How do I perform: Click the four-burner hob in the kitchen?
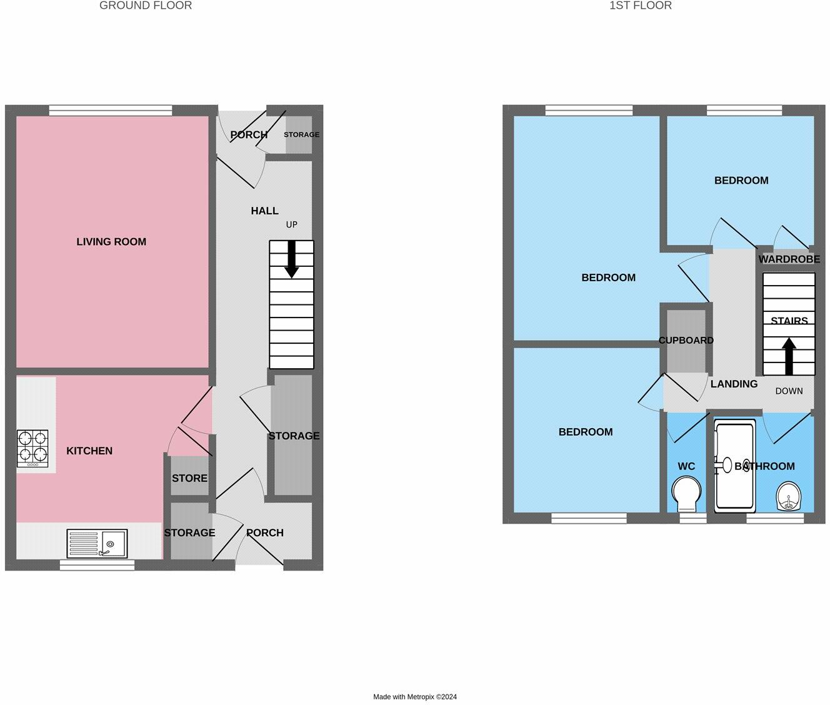[x=32, y=449]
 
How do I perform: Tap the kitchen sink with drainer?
[x=97, y=543]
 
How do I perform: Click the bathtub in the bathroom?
[x=735, y=466]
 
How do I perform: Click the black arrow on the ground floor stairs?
[x=291, y=259]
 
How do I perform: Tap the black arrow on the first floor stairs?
[x=789, y=356]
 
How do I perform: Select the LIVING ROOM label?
[x=111, y=242]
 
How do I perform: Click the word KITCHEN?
[x=89, y=451]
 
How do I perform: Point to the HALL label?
[x=264, y=211]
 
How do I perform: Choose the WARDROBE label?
[x=789, y=259]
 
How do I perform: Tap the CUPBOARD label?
[x=686, y=341]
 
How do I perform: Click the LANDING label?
[x=734, y=384]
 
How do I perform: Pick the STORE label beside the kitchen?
[x=189, y=478]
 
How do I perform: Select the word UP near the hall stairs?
[x=291, y=224]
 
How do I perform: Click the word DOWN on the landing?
[x=789, y=391]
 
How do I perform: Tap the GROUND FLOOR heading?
[x=146, y=6]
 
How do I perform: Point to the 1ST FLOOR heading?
[x=641, y=6]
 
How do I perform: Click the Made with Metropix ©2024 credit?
[x=415, y=697]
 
